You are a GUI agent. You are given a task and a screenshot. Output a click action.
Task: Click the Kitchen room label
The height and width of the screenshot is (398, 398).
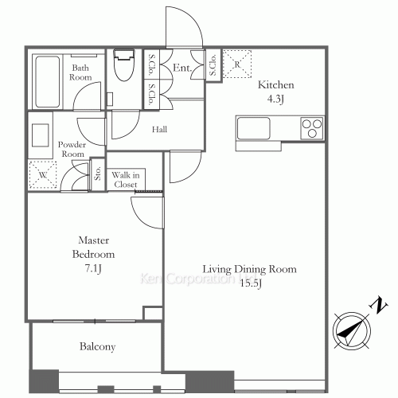pyautogui.click(x=275, y=85)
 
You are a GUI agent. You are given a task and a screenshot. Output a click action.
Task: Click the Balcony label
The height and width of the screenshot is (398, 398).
pyautogui.click(x=97, y=347)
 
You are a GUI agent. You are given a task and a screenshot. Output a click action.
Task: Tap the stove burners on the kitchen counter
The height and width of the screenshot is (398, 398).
pyautogui.click(x=310, y=127)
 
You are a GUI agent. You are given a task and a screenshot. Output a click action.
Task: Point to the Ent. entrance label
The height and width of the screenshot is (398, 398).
pyautogui.click(x=182, y=69)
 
